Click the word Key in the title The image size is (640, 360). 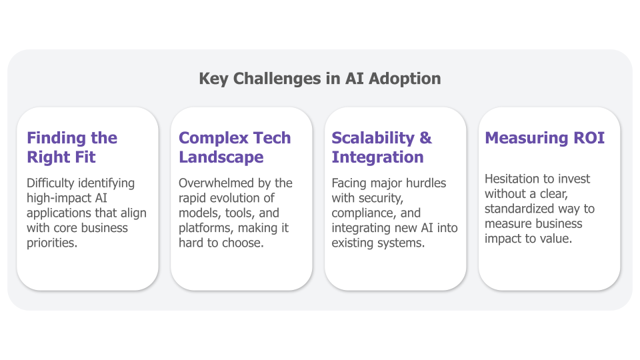click(x=213, y=79)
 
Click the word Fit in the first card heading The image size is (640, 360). click(x=85, y=157)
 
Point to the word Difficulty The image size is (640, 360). click(x=51, y=183)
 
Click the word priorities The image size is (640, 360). click(x=52, y=243)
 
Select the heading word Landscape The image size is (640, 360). click(x=221, y=157)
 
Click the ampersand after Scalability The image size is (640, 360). click(x=425, y=138)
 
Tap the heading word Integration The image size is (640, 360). click(x=377, y=157)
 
